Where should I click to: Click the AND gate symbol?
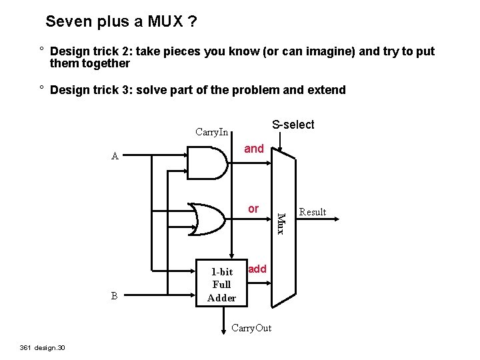(207, 162)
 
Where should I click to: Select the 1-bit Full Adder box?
(221, 284)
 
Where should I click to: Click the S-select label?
(293, 125)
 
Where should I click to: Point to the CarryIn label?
(211, 131)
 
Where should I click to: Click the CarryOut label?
(251, 328)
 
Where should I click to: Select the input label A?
(115, 157)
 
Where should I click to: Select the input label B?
(115, 295)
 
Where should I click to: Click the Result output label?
(312, 212)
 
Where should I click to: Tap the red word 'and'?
(253, 149)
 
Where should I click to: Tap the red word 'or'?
(253, 209)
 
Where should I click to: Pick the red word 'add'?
(257, 269)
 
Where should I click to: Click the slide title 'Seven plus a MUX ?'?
(121, 21)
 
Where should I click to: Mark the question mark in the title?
(192, 21)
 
